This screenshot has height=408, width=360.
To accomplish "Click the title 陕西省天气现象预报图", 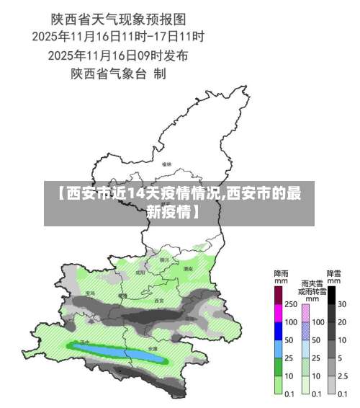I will tap(119, 17).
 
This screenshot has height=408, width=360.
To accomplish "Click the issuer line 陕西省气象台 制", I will tap(119, 73).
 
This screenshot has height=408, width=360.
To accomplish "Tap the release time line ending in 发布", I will tap(119, 54).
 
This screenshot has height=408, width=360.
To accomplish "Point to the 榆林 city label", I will tap(167, 164).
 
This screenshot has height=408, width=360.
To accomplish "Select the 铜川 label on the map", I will tap(164, 260).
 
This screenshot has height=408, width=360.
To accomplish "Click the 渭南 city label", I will tap(188, 268).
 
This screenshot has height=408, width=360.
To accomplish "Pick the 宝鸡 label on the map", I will tap(90, 293).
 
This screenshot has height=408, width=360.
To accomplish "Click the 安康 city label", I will tap(152, 348).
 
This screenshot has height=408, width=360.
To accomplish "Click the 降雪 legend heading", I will tap(334, 273).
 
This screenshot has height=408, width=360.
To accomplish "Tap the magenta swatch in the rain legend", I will tap(277, 313).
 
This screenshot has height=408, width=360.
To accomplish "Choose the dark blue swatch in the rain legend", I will tap(277, 331).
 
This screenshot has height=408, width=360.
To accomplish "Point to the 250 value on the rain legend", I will tap(289, 304).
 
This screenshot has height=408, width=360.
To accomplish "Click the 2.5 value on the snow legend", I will tap(343, 376).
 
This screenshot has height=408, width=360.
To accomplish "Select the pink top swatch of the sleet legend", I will tap(305, 313).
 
